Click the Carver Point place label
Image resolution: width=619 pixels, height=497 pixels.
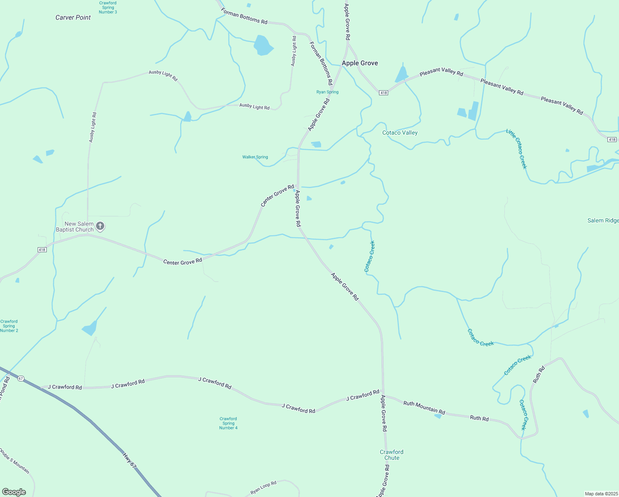73,17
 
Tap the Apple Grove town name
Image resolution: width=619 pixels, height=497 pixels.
360,63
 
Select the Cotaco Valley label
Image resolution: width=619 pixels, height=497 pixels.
400,133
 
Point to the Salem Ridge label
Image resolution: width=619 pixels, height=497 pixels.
603,220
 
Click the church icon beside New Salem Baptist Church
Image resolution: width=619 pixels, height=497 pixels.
100,226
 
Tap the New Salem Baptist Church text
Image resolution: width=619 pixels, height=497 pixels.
75,227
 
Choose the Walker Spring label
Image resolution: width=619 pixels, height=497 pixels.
255,157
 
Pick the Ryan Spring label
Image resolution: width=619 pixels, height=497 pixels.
327,92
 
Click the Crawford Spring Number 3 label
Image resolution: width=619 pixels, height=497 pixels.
108,7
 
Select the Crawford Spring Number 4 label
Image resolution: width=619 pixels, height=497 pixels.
228,423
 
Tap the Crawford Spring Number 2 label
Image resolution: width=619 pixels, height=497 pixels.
9,326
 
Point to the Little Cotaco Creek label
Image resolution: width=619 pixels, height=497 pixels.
517,149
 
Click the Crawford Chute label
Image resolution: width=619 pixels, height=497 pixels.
391,455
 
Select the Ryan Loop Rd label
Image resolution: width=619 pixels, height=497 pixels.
263,488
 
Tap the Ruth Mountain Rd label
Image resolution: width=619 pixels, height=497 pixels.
424,408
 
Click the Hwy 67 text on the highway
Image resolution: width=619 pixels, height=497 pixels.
130,461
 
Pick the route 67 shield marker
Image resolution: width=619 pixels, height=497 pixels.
21,378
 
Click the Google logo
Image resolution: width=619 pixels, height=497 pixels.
14,492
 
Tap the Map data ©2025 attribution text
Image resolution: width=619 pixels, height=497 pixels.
601,494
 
